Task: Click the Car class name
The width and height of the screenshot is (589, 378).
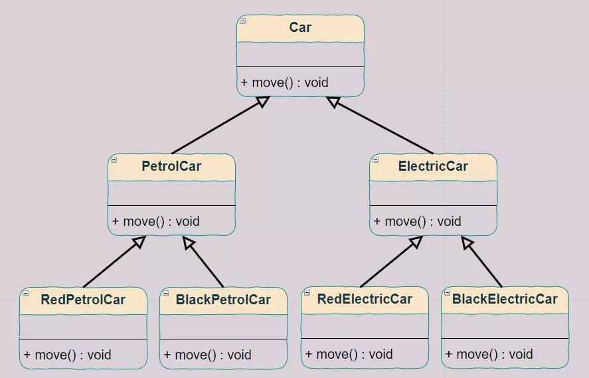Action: coord(300,27)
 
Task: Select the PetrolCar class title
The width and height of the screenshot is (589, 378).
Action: coord(171,166)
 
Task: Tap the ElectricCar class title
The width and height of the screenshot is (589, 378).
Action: coord(433,166)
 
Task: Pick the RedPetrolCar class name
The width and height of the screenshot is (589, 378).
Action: coord(83,300)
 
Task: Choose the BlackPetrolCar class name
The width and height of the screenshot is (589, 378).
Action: coord(223,300)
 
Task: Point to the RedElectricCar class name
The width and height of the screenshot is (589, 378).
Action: coord(365,299)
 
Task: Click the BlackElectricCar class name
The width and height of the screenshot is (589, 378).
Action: coord(505,299)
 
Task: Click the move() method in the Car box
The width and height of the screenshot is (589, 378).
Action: coord(285,82)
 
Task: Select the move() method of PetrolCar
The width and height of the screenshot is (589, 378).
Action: coord(156,221)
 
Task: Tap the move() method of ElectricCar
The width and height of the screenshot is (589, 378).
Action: coord(418,221)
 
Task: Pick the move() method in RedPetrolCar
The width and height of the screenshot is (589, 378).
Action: coord(68,355)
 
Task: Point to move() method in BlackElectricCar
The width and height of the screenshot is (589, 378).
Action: coord(489,354)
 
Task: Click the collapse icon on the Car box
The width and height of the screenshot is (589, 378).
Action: coord(243,21)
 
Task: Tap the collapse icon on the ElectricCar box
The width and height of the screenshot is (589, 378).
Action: coord(376,159)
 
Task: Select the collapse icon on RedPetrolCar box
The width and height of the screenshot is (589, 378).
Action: coord(26,293)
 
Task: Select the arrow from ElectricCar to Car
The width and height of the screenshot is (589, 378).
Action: coord(382,126)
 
